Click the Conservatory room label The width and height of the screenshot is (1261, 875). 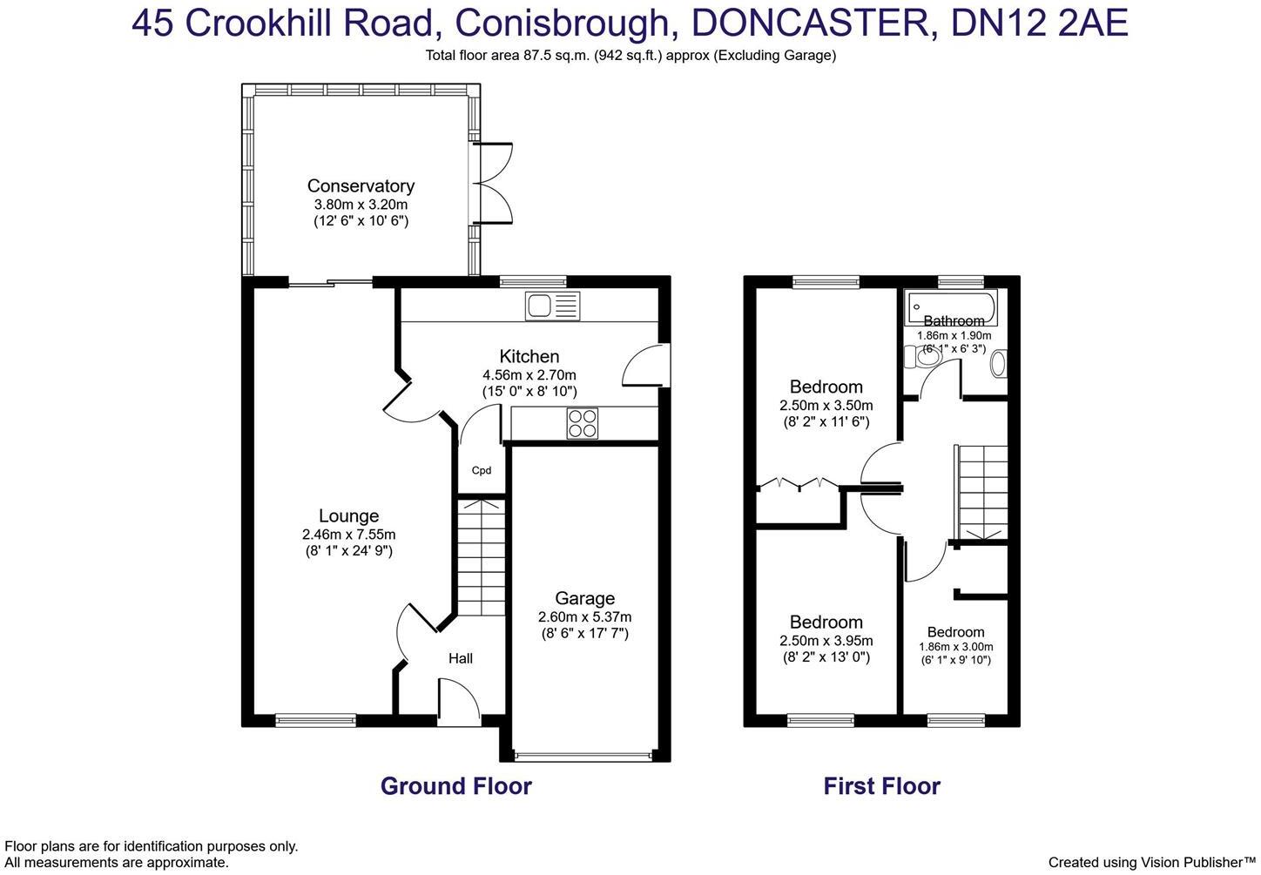[x=361, y=185]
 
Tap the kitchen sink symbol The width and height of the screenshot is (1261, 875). [x=551, y=306]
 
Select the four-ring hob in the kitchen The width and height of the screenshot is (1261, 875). [x=583, y=423]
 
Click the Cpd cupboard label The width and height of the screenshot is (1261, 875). [x=482, y=470]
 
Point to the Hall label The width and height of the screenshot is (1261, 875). [x=461, y=658]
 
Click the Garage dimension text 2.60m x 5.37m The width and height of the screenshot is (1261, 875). [x=584, y=616]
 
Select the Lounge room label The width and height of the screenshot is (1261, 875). [x=348, y=516]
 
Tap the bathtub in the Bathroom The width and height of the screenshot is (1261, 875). [x=952, y=307]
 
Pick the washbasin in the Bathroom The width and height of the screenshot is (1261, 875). [x=998, y=364]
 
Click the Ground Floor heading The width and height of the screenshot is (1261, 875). [x=455, y=786]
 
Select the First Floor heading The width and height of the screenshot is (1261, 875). [x=881, y=786]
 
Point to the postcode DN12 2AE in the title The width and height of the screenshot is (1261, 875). [x=1040, y=24]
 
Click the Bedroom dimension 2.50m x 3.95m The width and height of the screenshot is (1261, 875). [x=826, y=641]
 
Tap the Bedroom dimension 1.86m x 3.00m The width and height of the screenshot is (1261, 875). [x=955, y=647]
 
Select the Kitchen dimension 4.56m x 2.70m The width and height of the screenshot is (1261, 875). [x=529, y=375]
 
